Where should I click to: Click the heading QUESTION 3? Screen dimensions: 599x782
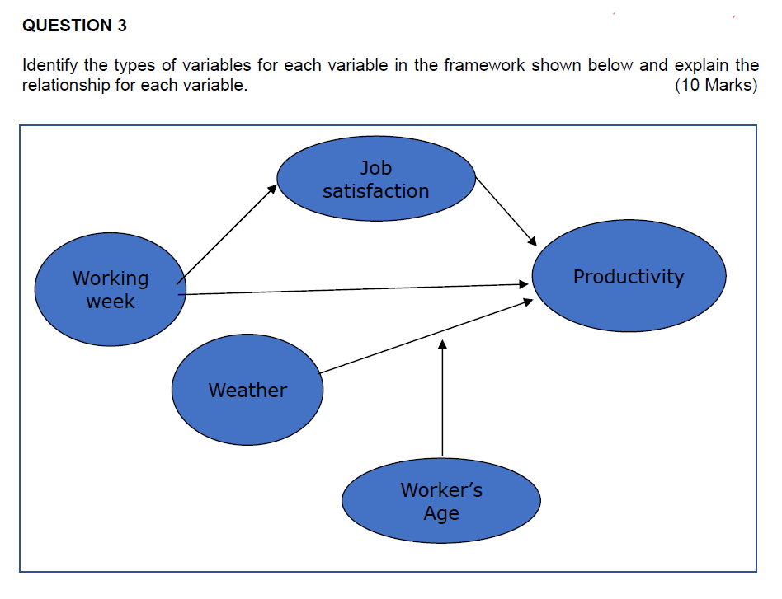point(74,26)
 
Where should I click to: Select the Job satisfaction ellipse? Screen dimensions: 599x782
point(376,179)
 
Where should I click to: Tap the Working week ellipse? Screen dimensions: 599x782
point(110,289)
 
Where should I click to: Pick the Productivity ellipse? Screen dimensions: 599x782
point(629,276)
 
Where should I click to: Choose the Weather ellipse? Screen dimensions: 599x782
point(247,390)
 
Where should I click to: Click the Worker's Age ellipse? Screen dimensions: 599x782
point(441,501)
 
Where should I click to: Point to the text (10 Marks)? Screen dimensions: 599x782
point(715,86)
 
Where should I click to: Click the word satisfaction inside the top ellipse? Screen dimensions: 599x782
point(376,191)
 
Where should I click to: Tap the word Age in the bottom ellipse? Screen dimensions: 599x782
point(441,513)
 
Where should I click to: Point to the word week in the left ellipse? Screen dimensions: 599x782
point(110,302)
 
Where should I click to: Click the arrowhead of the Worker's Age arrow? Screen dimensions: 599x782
point(442,344)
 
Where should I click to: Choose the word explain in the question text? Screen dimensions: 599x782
point(701,65)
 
